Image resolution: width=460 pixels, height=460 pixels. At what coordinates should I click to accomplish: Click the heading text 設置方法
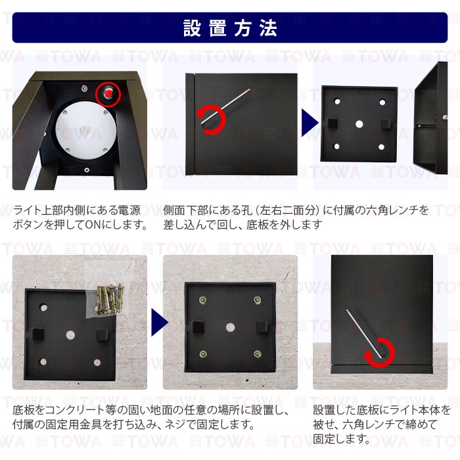tap(230, 28)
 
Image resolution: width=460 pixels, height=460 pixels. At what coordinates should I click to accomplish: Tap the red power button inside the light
tap(108, 93)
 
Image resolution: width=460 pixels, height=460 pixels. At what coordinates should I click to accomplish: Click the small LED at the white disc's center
tap(86, 129)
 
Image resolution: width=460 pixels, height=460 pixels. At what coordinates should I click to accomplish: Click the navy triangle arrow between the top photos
tap(310, 123)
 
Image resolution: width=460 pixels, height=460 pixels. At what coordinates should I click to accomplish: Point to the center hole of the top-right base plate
tap(359, 124)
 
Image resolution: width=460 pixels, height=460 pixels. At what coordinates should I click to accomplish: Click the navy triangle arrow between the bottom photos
tap(159, 322)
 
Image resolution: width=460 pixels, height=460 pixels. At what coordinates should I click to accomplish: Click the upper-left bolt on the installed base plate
tap(202, 300)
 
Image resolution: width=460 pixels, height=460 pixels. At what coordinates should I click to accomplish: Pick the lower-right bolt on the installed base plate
tap(258, 354)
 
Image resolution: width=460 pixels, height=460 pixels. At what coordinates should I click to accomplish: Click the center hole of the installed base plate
tap(230, 327)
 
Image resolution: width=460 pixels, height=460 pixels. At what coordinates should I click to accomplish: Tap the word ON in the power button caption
tap(93, 225)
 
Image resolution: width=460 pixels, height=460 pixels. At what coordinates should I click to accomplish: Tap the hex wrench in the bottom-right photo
tap(365, 333)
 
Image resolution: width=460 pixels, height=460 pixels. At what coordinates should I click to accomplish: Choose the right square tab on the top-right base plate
tap(386, 124)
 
